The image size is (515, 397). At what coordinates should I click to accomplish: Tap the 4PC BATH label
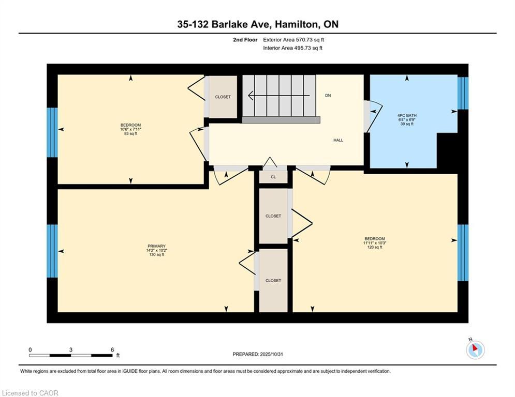click(x=407, y=115)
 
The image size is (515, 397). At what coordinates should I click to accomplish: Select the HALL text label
click(x=338, y=140)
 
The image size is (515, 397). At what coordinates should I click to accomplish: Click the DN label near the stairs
click(x=328, y=96)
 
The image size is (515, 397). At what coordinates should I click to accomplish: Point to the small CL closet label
click(x=273, y=177)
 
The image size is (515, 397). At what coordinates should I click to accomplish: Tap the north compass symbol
click(x=475, y=349)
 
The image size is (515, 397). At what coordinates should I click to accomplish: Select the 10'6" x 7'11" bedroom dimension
click(x=130, y=130)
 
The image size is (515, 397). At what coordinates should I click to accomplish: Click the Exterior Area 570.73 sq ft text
click(x=293, y=39)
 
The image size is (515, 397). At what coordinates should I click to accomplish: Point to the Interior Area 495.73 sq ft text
click(x=292, y=48)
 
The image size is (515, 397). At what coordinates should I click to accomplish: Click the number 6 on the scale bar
click(x=112, y=349)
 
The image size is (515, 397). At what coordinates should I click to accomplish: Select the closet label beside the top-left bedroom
click(x=223, y=97)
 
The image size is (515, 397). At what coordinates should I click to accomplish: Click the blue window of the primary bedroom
click(x=52, y=251)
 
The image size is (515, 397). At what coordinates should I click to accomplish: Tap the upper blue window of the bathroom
click(x=463, y=93)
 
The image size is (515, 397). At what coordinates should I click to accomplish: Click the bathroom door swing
click(x=374, y=114)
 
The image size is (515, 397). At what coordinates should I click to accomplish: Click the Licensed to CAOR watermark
click(x=31, y=393)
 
